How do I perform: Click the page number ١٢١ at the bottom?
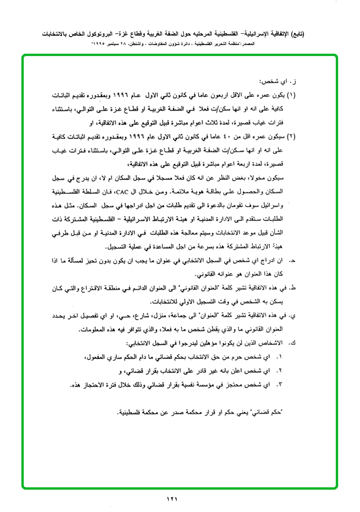pos(171,499)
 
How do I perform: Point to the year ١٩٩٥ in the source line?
pos(99,43)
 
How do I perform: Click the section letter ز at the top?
pos(294,81)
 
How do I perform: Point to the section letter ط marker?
pos(293,288)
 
